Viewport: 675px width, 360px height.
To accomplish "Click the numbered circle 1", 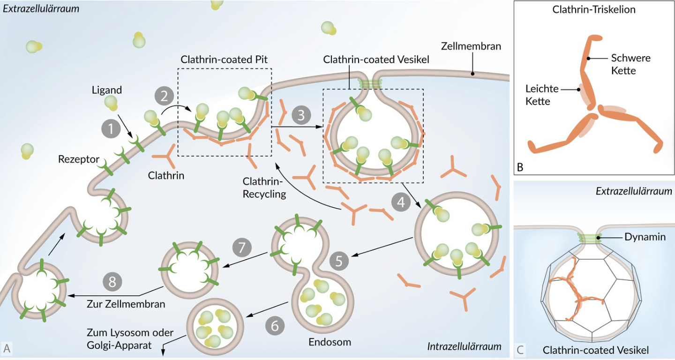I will coord(111,129).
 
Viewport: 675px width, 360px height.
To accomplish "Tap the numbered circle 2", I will coord(164,97).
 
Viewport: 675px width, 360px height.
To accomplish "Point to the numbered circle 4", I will coord(400,202).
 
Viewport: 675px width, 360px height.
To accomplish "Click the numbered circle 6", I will coord(275,325).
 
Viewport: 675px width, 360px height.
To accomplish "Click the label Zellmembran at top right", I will coord(471,46).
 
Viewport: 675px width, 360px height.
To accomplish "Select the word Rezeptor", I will coord(79,159).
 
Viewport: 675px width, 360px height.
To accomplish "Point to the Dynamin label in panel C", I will coord(645,237).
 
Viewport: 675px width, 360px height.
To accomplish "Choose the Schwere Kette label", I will coord(630,64).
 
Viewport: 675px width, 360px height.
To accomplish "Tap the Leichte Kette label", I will coord(542,95).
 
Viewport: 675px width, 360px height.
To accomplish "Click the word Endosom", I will coord(330,342).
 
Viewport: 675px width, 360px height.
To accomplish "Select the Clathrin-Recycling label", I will coord(264,187).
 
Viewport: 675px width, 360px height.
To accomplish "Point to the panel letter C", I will coord(521,349).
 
